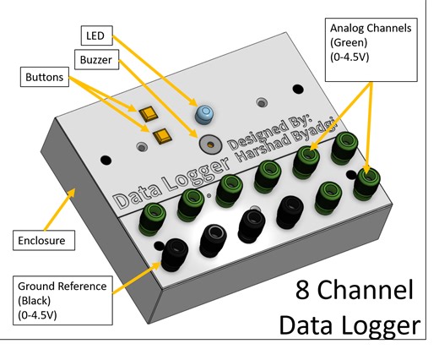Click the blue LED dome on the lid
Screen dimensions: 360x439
203,113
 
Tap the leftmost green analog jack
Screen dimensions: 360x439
155,215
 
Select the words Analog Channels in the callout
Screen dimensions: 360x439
371,27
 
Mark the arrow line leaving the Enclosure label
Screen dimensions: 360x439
53,210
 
